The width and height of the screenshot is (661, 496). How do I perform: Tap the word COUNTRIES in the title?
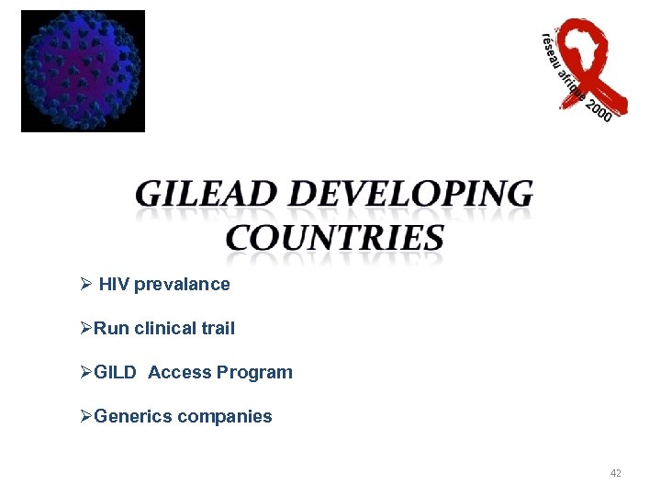[x=335, y=237]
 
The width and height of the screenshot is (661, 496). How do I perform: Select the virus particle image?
[x=84, y=71]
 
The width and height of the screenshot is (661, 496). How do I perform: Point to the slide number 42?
[x=615, y=473]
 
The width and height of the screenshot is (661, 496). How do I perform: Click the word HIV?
[x=114, y=285]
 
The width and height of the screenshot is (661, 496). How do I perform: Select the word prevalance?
[x=182, y=285]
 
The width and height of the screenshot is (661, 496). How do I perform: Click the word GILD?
[x=116, y=373]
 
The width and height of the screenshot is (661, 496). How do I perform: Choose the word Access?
[x=180, y=373]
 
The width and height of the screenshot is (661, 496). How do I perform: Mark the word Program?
[x=254, y=373]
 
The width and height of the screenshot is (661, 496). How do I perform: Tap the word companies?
[x=225, y=417]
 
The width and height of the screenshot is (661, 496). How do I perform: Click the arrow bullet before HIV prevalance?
[x=85, y=285]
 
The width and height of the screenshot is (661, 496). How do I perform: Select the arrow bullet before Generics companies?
[x=85, y=417]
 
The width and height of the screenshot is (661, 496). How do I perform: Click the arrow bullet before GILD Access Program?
[x=85, y=373]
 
